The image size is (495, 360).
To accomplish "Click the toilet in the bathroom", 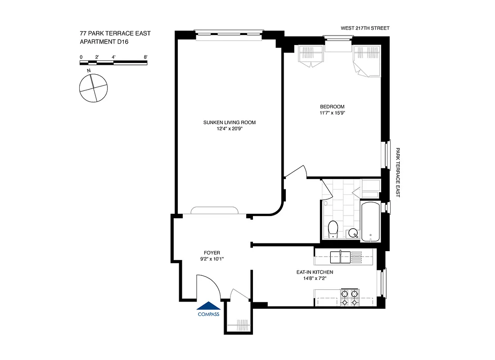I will tap(333, 229).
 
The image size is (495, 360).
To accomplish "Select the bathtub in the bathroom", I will tap(370, 222).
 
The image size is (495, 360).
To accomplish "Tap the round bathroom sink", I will tap(353, 233).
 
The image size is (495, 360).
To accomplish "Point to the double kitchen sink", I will tap(341, 257).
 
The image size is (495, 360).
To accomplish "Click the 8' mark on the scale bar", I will tap(145, 57).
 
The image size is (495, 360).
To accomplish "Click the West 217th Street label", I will tap(364, 28).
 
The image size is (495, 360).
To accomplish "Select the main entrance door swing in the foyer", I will tap(208, 288).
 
